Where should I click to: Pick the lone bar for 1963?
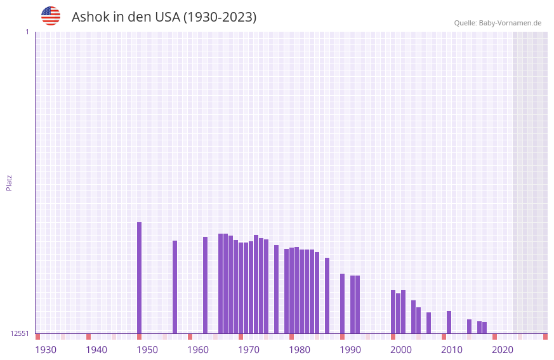(x=205, y=285)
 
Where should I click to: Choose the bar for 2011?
(x=449, y=322)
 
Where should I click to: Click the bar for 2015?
(x=469, y=326)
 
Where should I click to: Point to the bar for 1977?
(x=276, y=289)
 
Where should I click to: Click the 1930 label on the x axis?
(x=46, y=350)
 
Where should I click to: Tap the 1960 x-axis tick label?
(x=198, y=350)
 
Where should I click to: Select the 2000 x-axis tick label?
(x=401, y=350)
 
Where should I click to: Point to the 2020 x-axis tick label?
(x=503, y=350)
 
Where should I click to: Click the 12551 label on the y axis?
(x=20, y=333)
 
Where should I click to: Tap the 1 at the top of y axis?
(x=27, y=32)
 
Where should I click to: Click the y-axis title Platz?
(x=9, y=182)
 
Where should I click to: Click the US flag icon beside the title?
(x=51, y=16)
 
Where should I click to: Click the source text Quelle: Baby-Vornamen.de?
(x=498, y=23)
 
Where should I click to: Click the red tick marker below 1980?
(x=291, y=337)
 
